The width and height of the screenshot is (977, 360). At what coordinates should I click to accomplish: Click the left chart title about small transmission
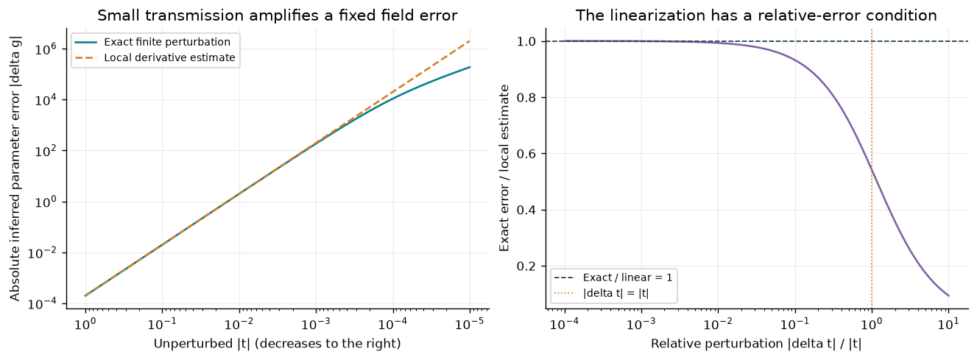click(278, 15)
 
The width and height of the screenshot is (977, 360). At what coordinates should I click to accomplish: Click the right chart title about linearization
click(756, 15)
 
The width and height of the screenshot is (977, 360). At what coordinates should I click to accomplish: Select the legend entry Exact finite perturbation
click(167, 42)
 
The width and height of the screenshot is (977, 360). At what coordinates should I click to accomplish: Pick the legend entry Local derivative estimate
click(169, 57)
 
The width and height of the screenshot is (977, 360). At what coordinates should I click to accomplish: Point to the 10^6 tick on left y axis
click(46, 49)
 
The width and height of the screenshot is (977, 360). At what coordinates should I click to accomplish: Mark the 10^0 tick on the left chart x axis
click(85, 323)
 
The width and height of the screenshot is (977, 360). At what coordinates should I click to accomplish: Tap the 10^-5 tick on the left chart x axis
click(470, 323)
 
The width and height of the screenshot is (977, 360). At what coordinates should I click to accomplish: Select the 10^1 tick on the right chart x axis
click(948, 323)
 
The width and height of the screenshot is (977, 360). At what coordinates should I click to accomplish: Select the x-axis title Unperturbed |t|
click(277, 344)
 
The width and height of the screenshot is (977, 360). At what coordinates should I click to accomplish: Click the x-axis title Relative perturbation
click(756, 344)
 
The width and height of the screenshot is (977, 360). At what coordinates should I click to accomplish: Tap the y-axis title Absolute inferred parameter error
click(15, 169)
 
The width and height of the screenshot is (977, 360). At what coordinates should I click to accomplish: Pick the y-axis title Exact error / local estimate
click(504, 169)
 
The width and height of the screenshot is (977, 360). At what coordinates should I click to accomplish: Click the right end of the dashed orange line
click(470, 41)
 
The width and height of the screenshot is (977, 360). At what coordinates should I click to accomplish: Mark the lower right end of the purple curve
click(948, 296)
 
